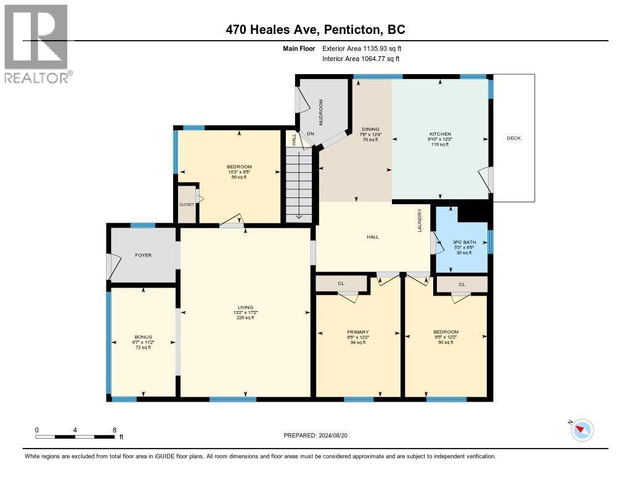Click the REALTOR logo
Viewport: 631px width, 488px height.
[36, 43]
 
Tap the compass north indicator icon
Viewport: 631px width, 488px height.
[582, 430]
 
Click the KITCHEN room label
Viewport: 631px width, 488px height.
[440, 134]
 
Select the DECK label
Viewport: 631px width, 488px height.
[513, 138]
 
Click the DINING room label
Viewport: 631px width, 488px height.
[370, 130]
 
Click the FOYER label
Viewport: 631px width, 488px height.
[143, 255]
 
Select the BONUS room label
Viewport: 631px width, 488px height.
[142, 337]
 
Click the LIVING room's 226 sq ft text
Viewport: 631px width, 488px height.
[245, 318]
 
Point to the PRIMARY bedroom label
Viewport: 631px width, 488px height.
[358, 332]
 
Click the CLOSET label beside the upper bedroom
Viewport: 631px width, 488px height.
[186, 204]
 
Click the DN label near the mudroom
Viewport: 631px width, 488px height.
[311, 134]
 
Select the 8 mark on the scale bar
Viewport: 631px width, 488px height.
[115, 429]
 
